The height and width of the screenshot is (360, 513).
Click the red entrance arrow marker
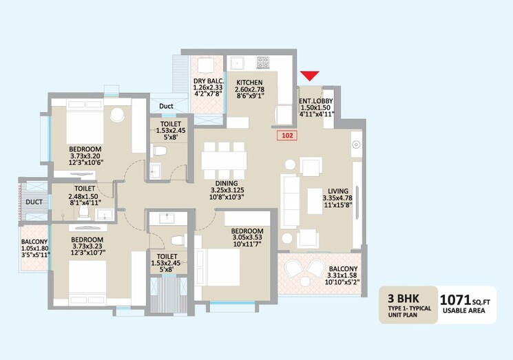pyautogui.click(x=309, y=76)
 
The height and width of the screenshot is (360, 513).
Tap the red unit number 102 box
pyautogui.click(x=287, y=136)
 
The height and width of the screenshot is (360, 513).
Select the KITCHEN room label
pyautogui.click(x=250, y=83)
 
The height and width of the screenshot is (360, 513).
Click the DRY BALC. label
pyautogui.click(x=209, y=81)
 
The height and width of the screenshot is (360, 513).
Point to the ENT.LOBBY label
pyautogui.click(x=316, y=101)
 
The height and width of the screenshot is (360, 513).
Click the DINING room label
pyautogui.click(x=227, y=183)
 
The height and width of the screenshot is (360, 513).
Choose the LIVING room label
pyautogui.click(x=338, y=191)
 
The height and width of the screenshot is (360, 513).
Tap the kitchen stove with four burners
pyautogui.click(x=263, y=63)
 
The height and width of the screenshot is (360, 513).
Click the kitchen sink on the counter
pyautogui.click(x=237, y=63)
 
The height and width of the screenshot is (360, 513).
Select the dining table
pyautogui.click(x=224, y=160)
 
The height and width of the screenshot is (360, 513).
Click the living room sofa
pyautogui.click(x=290, y=202)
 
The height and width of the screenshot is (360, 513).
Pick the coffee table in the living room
pyautogui.click(x=315, y=201)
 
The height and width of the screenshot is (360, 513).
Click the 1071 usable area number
pyautogui.click(x=454, y=299)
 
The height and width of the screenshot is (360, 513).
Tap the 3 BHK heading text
pyautogui.click(x=403, y=298)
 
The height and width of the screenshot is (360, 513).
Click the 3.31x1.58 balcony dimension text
pyautogui.click(x=343, y=275)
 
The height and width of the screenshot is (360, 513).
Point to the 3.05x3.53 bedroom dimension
pyautogui.click(x=247, y=237)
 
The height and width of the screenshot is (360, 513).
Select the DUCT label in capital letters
pyautogui.click(x=34, y=202)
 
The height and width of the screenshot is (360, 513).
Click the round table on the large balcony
pyautogui.click(x=305, y=282)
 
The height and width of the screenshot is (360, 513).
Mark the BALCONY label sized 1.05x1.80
pyautogui.click(x=34, y=242)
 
